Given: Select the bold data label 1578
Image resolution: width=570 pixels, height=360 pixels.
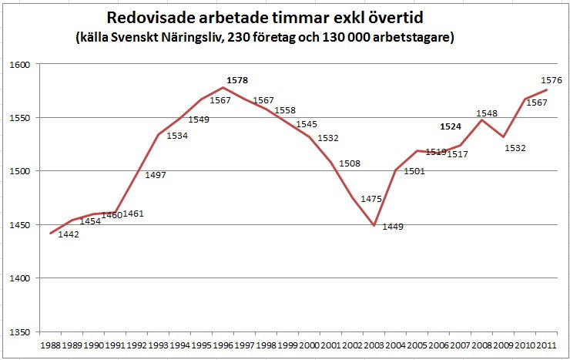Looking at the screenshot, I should pos(237,79).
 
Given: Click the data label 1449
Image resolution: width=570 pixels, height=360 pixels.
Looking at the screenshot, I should pos(393,227).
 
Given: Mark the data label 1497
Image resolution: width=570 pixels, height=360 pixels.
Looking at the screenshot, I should pos(156,175).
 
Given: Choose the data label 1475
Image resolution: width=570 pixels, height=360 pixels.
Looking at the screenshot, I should pos(371,199).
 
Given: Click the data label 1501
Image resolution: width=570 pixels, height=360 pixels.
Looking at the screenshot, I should pos(414,171).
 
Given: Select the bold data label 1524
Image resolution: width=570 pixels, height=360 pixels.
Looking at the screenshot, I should pos(451,126).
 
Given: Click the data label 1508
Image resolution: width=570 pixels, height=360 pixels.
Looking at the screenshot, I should pos(350,163).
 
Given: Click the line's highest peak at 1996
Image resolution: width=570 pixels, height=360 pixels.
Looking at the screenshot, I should pos(223,88).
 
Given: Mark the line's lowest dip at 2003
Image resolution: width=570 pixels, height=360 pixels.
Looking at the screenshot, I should pos(374,225).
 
